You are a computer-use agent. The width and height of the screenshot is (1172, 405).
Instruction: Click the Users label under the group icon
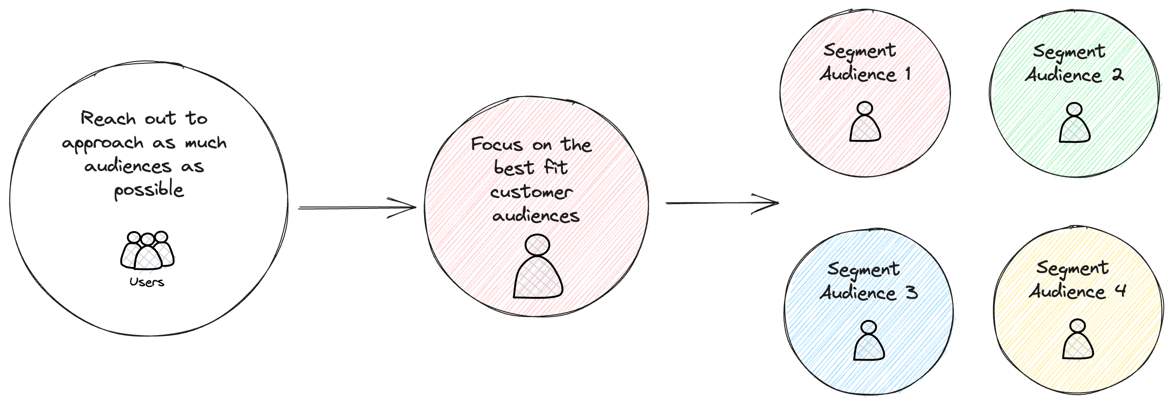click(x=147, y=282)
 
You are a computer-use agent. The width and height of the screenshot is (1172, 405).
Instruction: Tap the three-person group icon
click(x=147, y=251)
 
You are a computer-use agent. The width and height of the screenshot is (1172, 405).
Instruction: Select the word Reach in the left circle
click(x=108, y=118)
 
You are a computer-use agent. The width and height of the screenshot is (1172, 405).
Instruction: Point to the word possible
click(x=149, y=190)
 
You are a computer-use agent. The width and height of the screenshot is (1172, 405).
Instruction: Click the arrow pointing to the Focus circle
click(x=357, y=207)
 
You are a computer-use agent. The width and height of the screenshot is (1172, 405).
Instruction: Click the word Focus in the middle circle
click(x=497, y=145)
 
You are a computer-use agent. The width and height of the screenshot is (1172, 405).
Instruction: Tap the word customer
click(x=531, y=192)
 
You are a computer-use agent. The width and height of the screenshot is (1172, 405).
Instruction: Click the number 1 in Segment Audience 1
click(x=908, y=74)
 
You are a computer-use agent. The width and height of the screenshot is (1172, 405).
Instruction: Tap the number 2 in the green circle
click(x=1118, y=75)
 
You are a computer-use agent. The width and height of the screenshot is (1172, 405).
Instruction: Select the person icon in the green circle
click(x=1075, y=123)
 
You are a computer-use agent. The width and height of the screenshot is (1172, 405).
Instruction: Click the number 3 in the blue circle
click(x=911, y=293)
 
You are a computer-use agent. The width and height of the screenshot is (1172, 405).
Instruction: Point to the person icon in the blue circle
click(x=869, y=341)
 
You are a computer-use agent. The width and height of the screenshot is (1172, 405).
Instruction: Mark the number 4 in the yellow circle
click(x=1121, y=291)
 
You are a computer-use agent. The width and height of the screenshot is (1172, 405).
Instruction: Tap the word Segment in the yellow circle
click(x=1072, y=268)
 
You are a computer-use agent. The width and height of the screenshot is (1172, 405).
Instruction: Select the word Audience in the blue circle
click(x=858, y=293)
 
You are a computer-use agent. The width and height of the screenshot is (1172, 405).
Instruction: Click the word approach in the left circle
click(x=102, y=143)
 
